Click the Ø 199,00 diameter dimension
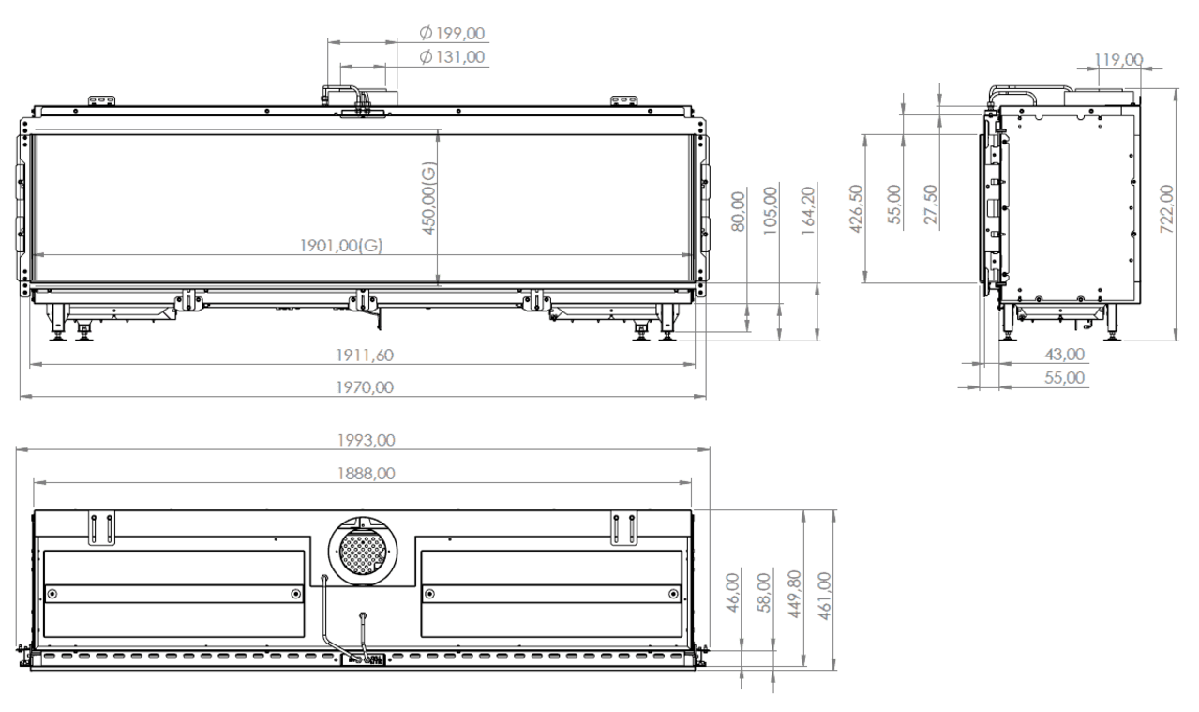(452, 33)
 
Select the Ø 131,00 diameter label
(452, 57)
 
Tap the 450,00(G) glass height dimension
(429, 198)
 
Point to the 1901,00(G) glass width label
(341, 246)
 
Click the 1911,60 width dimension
(365, 356)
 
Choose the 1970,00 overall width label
(365, 387)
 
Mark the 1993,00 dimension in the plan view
(367, 440)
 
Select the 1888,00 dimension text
(367, 474)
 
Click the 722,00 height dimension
(1167, 209)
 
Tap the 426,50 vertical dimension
(857, 209)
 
